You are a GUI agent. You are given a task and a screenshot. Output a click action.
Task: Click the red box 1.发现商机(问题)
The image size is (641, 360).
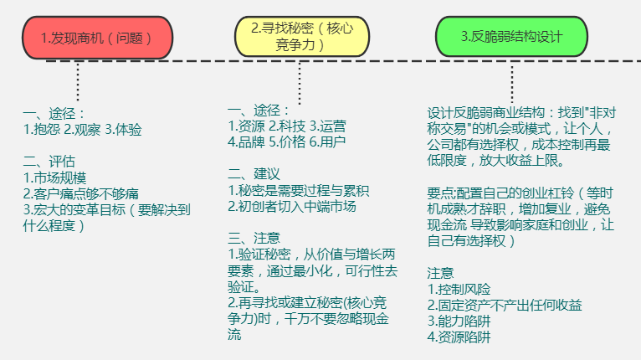[98, 39]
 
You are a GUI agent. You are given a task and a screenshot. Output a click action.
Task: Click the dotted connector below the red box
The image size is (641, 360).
[79, 81]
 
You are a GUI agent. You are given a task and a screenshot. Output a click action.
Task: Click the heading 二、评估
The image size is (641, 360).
[49, 162]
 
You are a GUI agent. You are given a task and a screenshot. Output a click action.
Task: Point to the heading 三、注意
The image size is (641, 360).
[254, 238]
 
